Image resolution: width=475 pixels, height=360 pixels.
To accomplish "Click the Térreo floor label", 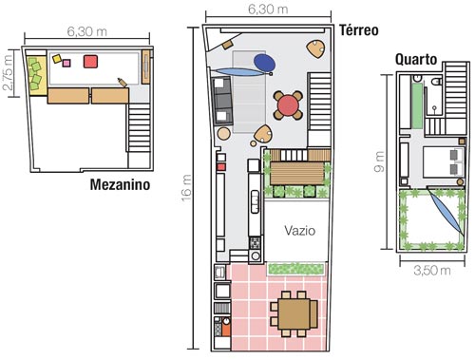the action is [x=359, y=30].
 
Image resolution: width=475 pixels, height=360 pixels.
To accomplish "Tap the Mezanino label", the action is [x=120, y=184].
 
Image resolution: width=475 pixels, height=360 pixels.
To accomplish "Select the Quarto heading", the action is [x=416, y=60].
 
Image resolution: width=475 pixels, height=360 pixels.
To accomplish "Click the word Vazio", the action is [x=300, y=231].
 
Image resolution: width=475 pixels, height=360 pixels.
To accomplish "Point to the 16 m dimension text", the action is [x=186, y=187].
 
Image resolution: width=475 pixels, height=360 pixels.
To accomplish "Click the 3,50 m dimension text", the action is [x=432, y=271].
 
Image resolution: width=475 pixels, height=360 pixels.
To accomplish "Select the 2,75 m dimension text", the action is [x=8, y=72].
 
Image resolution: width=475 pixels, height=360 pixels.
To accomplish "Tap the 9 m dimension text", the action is [x=379, y=161].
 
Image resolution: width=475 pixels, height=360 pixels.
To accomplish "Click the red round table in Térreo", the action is [x=288, y=105].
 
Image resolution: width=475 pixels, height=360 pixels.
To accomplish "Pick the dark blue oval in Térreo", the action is [x=264, y=63].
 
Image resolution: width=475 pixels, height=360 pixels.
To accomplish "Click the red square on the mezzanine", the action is [x=90, y=62].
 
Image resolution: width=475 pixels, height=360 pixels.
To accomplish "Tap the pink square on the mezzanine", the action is [x=66, y=64].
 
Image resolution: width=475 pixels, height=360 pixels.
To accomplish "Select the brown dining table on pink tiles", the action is [x=294, y=313].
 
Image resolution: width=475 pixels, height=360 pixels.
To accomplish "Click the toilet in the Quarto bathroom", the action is [x=437, y=82].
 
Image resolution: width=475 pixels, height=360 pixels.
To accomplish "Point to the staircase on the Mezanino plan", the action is [x=139, y=127].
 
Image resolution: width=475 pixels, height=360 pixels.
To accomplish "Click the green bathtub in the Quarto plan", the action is [x=417, y=105].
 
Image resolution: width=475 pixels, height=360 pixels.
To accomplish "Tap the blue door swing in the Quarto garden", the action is [x=446, y=211].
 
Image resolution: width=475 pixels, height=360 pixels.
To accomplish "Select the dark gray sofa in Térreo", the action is [x=222, y=101].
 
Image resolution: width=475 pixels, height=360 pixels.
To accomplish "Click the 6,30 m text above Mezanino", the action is [x=87, y=31].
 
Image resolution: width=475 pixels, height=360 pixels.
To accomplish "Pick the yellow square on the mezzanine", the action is [x=57, y=59].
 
